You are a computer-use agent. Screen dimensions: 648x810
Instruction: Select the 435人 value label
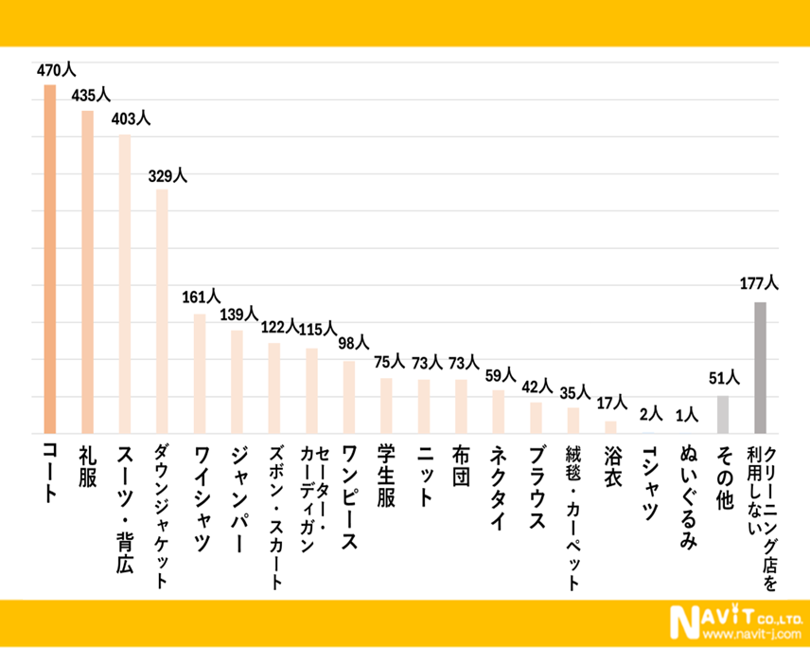[x=90, y=96]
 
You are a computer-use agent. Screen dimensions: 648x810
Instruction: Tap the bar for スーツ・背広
[x=125, y=284]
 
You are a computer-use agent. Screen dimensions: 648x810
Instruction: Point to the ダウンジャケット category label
[x=162, y=516]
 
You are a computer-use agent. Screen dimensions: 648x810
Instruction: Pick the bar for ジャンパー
[x=238, y=382]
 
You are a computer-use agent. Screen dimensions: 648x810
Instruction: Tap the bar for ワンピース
[x=349, y=397]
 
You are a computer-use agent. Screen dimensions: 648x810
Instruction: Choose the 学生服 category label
[x=386, y=475]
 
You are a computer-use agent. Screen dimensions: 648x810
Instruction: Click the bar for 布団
[x=461, y=406]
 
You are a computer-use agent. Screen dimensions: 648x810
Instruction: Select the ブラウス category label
[x=535, y=488]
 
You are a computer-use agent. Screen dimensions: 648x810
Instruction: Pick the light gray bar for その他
[x=723, y=414]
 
